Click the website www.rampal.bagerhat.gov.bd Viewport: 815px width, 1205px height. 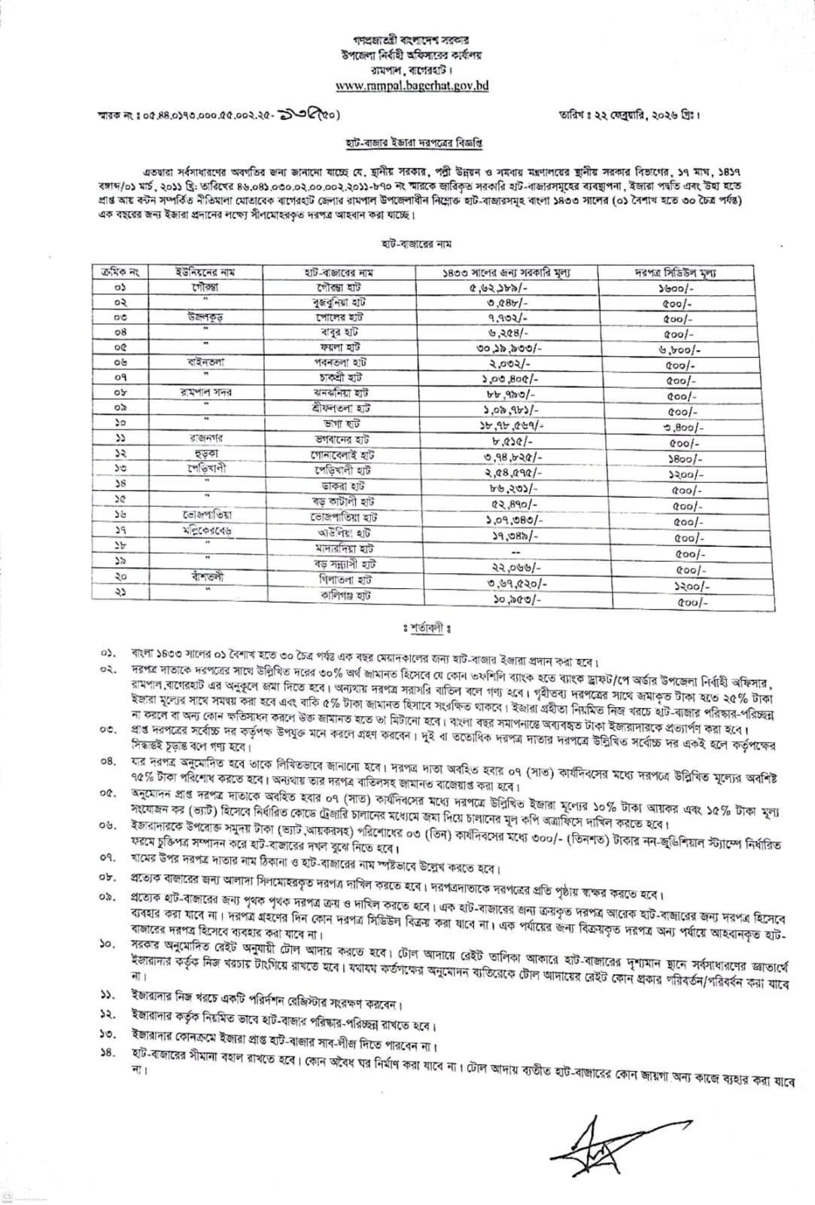412,86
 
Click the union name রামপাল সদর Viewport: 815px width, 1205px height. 205,392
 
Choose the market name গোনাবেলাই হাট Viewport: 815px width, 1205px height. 342,456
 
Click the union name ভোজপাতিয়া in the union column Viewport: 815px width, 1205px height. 205,516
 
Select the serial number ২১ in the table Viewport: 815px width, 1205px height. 120,593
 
